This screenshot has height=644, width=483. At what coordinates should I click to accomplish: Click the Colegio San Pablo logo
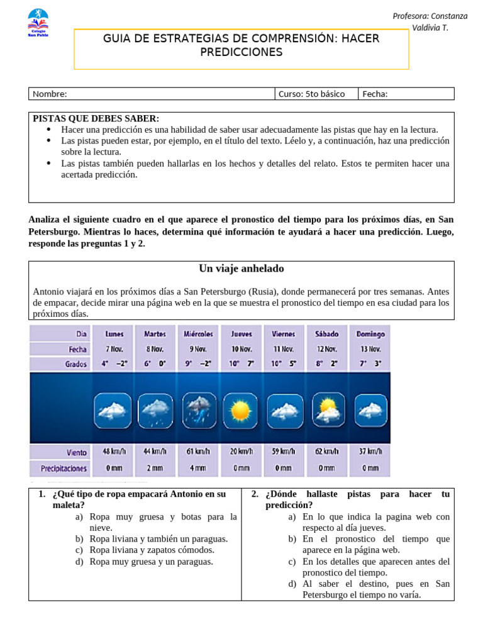coord(38,23)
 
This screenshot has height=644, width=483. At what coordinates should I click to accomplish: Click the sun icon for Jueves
coord(241,411)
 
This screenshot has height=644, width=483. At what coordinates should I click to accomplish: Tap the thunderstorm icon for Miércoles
coord(199,411)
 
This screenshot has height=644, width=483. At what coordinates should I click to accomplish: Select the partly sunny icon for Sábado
coord(328,410)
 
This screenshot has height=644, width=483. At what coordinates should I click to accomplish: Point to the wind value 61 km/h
coord(198,452)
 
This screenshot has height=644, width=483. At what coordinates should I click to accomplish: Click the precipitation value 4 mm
coord(198,468)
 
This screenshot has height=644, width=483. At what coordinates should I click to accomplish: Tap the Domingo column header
coord(370,334)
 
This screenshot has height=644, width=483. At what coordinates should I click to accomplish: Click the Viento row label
coord(76,452)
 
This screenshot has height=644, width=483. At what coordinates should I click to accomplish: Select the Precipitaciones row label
coord(64,469)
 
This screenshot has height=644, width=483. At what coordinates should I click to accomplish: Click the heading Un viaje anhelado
coord(241,269)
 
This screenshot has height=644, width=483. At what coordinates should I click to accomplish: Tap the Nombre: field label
coord(50,94)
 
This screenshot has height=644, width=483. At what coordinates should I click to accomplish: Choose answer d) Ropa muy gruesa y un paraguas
coord(151,562)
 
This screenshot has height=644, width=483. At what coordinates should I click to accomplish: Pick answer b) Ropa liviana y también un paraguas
coord(158,539)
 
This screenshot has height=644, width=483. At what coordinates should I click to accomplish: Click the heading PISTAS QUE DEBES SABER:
coord(96,118)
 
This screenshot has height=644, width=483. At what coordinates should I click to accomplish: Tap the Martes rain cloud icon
coord(155,411)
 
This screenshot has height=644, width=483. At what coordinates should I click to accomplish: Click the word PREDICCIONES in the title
coord(241,52)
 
